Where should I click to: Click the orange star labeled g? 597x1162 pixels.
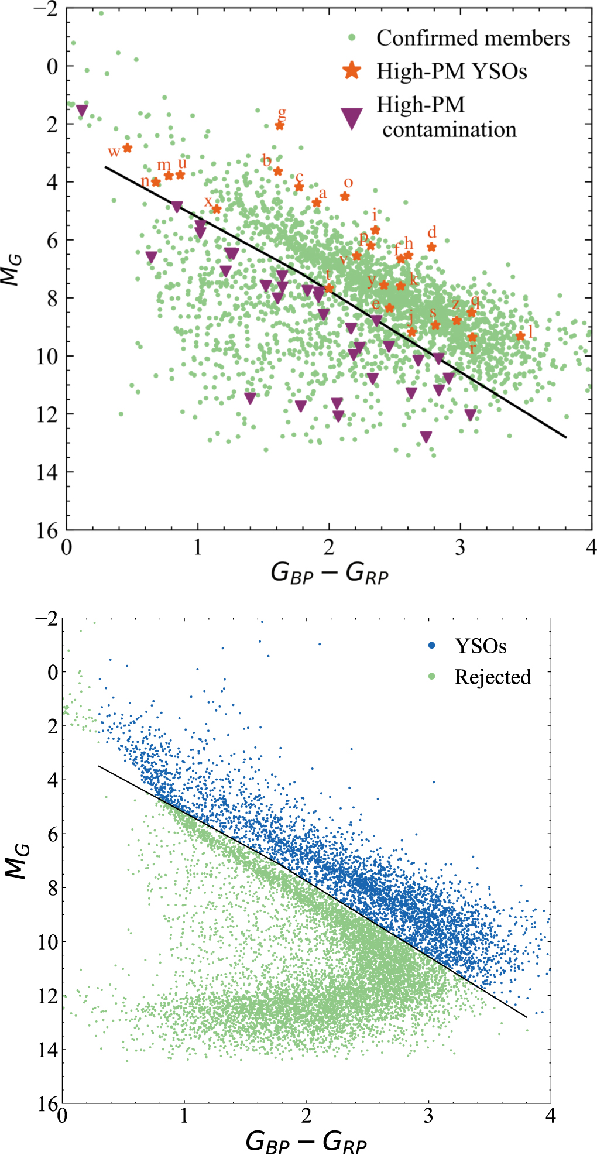click(279, 125)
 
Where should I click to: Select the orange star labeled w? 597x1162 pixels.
click(127, 148)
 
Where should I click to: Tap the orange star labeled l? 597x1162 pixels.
click(520, 336)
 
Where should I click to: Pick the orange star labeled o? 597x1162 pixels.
click(345, 197)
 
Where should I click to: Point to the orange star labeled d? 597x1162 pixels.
click(431, 247)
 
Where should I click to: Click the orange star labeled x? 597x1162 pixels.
click(216, 209)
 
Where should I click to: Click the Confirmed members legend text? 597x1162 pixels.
click(473, 38)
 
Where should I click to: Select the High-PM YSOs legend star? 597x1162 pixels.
click(352, 71)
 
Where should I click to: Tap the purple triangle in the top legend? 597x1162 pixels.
click(352, 118)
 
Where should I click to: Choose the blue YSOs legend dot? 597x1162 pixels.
click(432, 646)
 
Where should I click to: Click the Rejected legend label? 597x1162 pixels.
click(493, 677)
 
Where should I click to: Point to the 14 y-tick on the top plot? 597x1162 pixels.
click(47, 472)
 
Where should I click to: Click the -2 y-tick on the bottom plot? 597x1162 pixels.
click(46, 619)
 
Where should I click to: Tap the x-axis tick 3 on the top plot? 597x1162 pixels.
click(460, 548)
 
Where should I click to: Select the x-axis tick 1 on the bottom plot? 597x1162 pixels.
click(184, 1116)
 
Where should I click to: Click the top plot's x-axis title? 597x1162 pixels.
click(330, 573)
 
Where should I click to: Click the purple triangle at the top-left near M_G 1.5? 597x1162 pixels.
click(82, 110)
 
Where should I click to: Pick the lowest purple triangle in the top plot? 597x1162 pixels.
click(426, 437)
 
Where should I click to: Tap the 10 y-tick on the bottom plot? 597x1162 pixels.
click(47, 942)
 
